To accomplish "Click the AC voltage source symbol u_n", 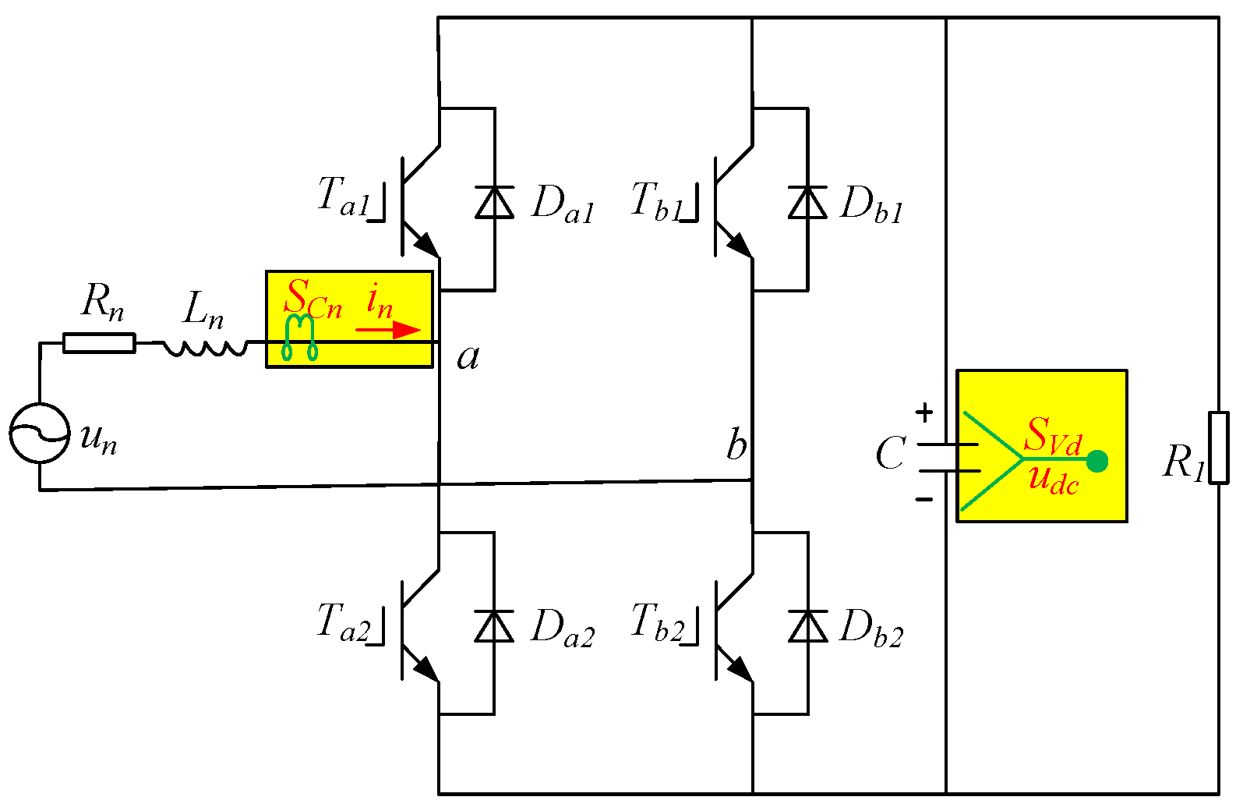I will (x=39, y=433).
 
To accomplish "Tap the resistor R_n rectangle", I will (x=99, y=343).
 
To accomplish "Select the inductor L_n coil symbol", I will (x=204, y=347).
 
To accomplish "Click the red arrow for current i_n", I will (x=389, y=330).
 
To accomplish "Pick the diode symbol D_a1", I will (x=495, y=203).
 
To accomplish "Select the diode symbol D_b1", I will (x=807, y=203).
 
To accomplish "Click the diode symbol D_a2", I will (x=495, y=626).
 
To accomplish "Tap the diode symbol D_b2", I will (x=807, y=626).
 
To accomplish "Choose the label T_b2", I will (x=657, y=622).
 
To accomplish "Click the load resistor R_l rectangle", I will (x=1218, y=448).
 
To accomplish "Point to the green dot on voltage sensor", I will (x=1096, y=462).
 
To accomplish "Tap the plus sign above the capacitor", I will (x=924, y=412).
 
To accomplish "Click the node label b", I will (x=736, y=445).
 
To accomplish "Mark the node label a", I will (x=468, y=357).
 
